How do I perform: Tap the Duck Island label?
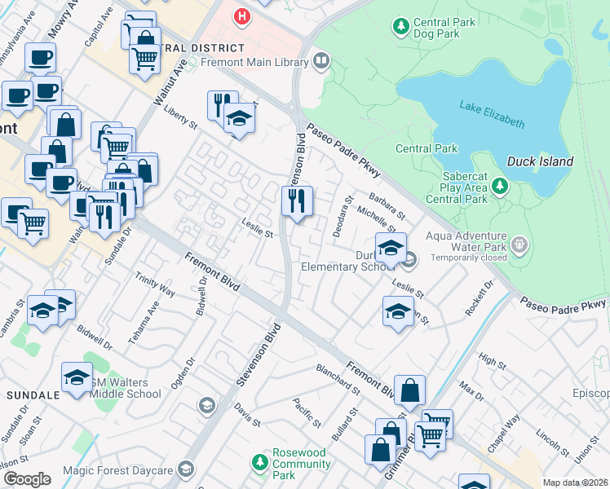point(540,161)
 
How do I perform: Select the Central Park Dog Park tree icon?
point(400,27)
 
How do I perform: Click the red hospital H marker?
point(241,15)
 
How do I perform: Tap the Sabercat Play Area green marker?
point(500,187)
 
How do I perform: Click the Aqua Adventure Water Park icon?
point(519,245)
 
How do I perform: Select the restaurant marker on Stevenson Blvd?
point(297,200)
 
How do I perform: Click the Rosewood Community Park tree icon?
point(259,464)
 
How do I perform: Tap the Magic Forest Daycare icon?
point(187,469)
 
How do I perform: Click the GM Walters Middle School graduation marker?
point(77,377)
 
